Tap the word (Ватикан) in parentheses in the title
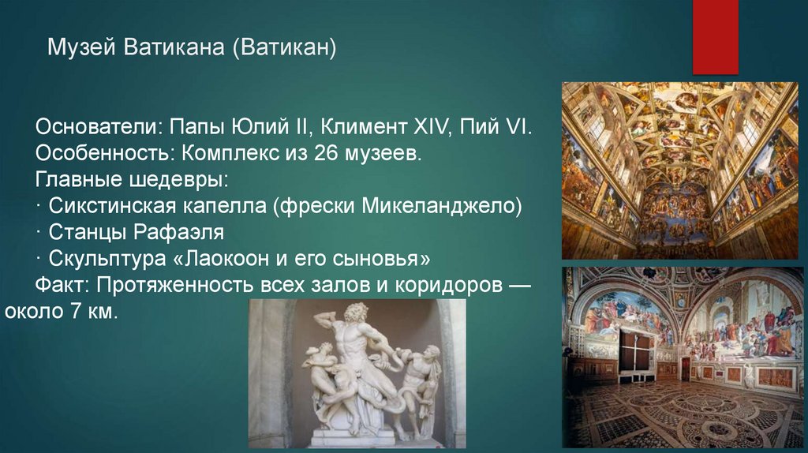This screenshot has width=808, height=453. [x=284, y=50]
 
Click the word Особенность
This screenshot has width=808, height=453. [x=99, y=153]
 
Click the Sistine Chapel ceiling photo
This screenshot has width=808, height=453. [x=679, y=170]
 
